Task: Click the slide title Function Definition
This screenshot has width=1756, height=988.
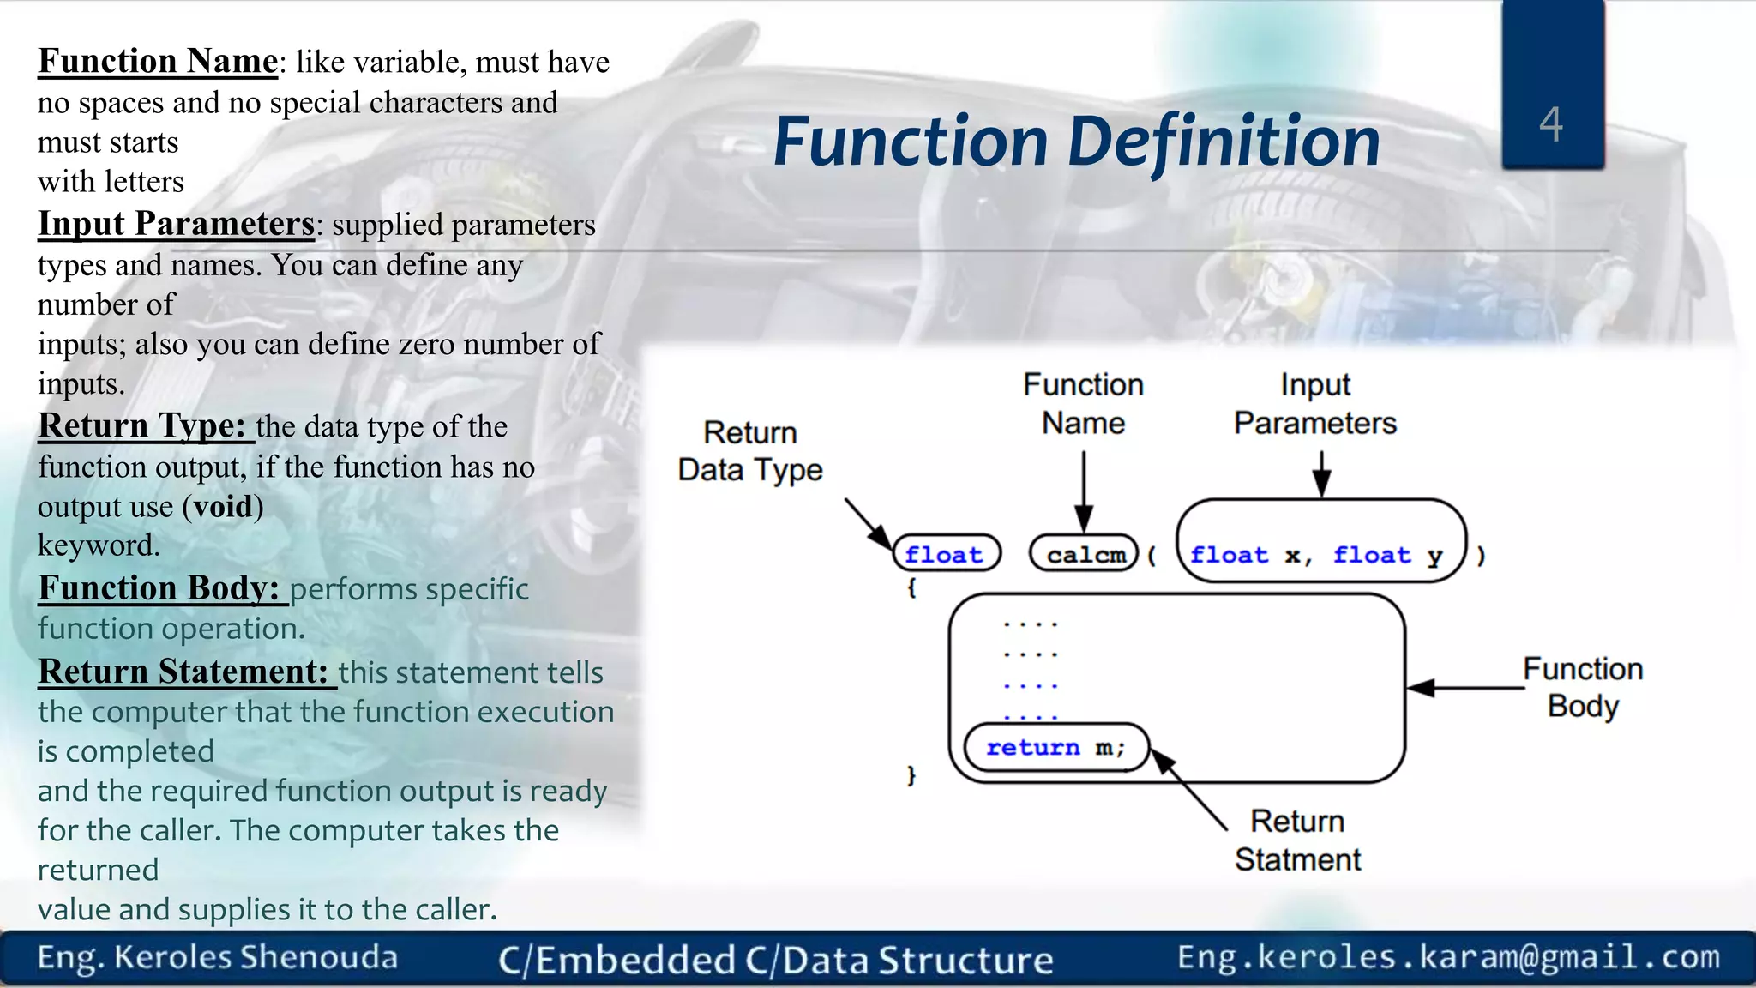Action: tap(1076, 142)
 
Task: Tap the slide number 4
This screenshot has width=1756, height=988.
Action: tap(1551, 124)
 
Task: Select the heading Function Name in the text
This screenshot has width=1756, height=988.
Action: tap(158, 62)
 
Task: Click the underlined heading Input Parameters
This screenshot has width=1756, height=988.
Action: tap(177, 224)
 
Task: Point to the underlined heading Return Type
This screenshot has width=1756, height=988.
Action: tap(142, 426)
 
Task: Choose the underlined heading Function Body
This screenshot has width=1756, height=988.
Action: tap(159, 588)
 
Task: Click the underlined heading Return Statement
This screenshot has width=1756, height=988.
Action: tap(183, 672)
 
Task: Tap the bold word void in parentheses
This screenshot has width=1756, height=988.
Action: tap(223, 507)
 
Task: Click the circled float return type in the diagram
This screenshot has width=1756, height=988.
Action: tap(945, 554)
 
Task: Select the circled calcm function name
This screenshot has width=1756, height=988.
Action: tap(1085, 554)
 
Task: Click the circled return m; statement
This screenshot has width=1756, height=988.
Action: tap(1055, 748)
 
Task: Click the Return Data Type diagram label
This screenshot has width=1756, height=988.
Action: tap(750, 451)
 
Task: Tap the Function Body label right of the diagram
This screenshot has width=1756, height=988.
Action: tap(1583, 687)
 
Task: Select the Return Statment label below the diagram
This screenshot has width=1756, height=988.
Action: tap(1297, 840)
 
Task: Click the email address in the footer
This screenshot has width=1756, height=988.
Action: tap(1448, 957)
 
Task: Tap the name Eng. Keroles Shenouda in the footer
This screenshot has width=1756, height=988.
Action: tap(218, 958)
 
